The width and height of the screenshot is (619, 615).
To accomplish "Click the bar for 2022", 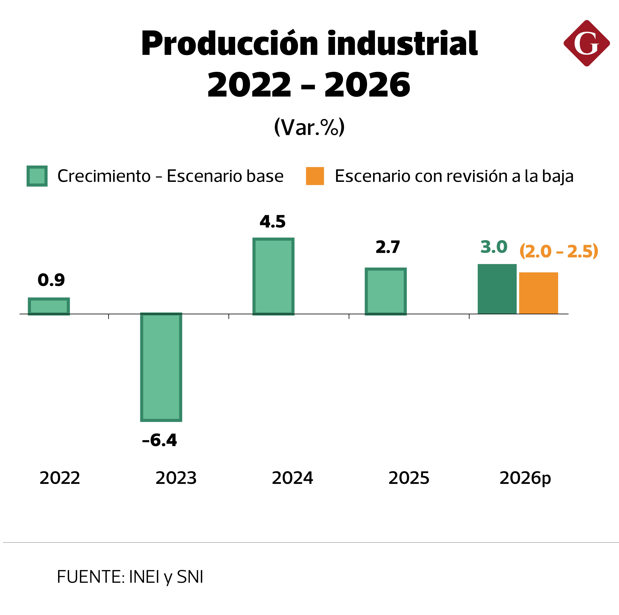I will pos(49,306).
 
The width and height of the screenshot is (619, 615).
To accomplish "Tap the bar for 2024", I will pos(273,276).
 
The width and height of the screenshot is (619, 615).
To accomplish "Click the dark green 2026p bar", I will pos(497,289).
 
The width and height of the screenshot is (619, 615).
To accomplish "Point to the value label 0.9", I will pos(51,280).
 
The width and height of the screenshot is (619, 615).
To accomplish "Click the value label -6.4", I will pos(159,440).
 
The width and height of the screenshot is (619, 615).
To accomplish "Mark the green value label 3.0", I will pos(494,247).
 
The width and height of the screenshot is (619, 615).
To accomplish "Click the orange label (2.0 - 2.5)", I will pos(558,251).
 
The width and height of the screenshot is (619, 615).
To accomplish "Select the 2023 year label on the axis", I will pos(176,478).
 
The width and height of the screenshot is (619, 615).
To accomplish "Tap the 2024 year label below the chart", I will pos(292,478).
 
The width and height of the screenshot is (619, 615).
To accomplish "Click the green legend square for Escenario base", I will pos(37,176).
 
